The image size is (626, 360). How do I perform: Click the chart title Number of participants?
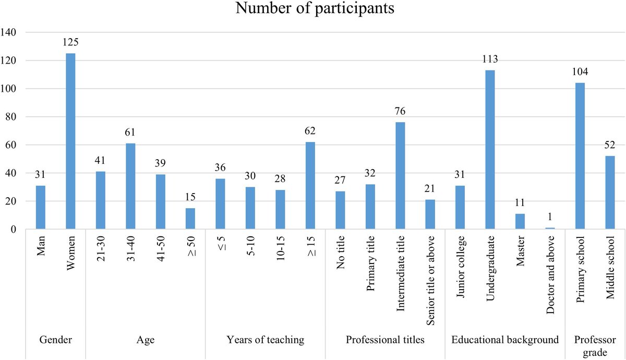(313, 9)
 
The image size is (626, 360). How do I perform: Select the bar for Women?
(70, 141)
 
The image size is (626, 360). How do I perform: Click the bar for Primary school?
(580, 156)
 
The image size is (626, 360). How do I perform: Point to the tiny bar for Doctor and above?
(550, 229)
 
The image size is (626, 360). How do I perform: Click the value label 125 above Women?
(70, 42)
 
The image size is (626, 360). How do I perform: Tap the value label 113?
(490, 58)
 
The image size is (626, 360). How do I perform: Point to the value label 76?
(400, 111)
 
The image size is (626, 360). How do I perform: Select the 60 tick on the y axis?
(12, 145)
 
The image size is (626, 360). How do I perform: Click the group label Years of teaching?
(266, 340)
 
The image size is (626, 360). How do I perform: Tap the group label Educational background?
(505, 340)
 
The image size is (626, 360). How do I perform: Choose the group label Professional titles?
(385, 340)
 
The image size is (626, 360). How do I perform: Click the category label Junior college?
(460, 272)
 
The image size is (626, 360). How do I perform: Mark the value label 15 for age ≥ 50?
(190, 197)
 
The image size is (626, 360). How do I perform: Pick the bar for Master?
(520, 222)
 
